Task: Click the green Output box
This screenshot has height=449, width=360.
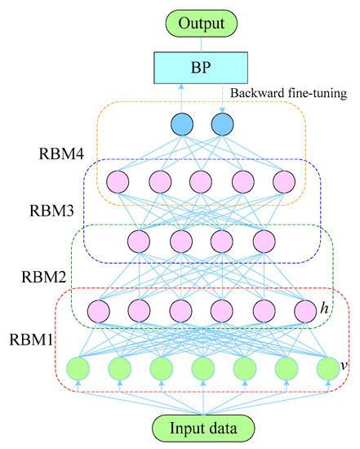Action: click(x=202, y=24)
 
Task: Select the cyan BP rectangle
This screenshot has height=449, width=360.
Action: click(x=201, y=68)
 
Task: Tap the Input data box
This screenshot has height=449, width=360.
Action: click(x=203, y=429)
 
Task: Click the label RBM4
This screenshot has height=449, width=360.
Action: click(x=61, y=153)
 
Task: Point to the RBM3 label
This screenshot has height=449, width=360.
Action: click(x=52, y=211)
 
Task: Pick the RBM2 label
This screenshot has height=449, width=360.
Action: click(x=44, y=277)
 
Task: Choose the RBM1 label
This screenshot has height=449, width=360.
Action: click(x=31, y=340)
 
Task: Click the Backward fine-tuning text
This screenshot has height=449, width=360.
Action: click(x=289, y=93)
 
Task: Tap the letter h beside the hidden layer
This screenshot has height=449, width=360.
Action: click(x=324, y=309)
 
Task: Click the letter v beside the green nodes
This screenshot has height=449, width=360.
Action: click(x=344, y=366)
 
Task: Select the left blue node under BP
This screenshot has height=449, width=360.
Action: click(x=182, y=124)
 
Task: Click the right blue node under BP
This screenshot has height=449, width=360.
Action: click(x=222, y=124)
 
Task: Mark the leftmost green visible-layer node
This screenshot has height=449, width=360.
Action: click(x=78, y=369)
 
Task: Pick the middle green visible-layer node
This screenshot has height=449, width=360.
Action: click(x=203, y=369)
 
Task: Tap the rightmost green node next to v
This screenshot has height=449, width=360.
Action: click(x=328, y=369)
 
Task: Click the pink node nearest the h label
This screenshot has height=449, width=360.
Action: click(x=305, y=311)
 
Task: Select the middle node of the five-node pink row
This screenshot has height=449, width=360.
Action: click(x=201, y=182)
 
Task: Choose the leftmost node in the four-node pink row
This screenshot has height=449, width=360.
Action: click(x=139, y=242)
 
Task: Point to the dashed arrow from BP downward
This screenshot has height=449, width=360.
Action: click(x=223, y=98)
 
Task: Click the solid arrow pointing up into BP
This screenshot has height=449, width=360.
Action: click(x=181, y=98)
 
